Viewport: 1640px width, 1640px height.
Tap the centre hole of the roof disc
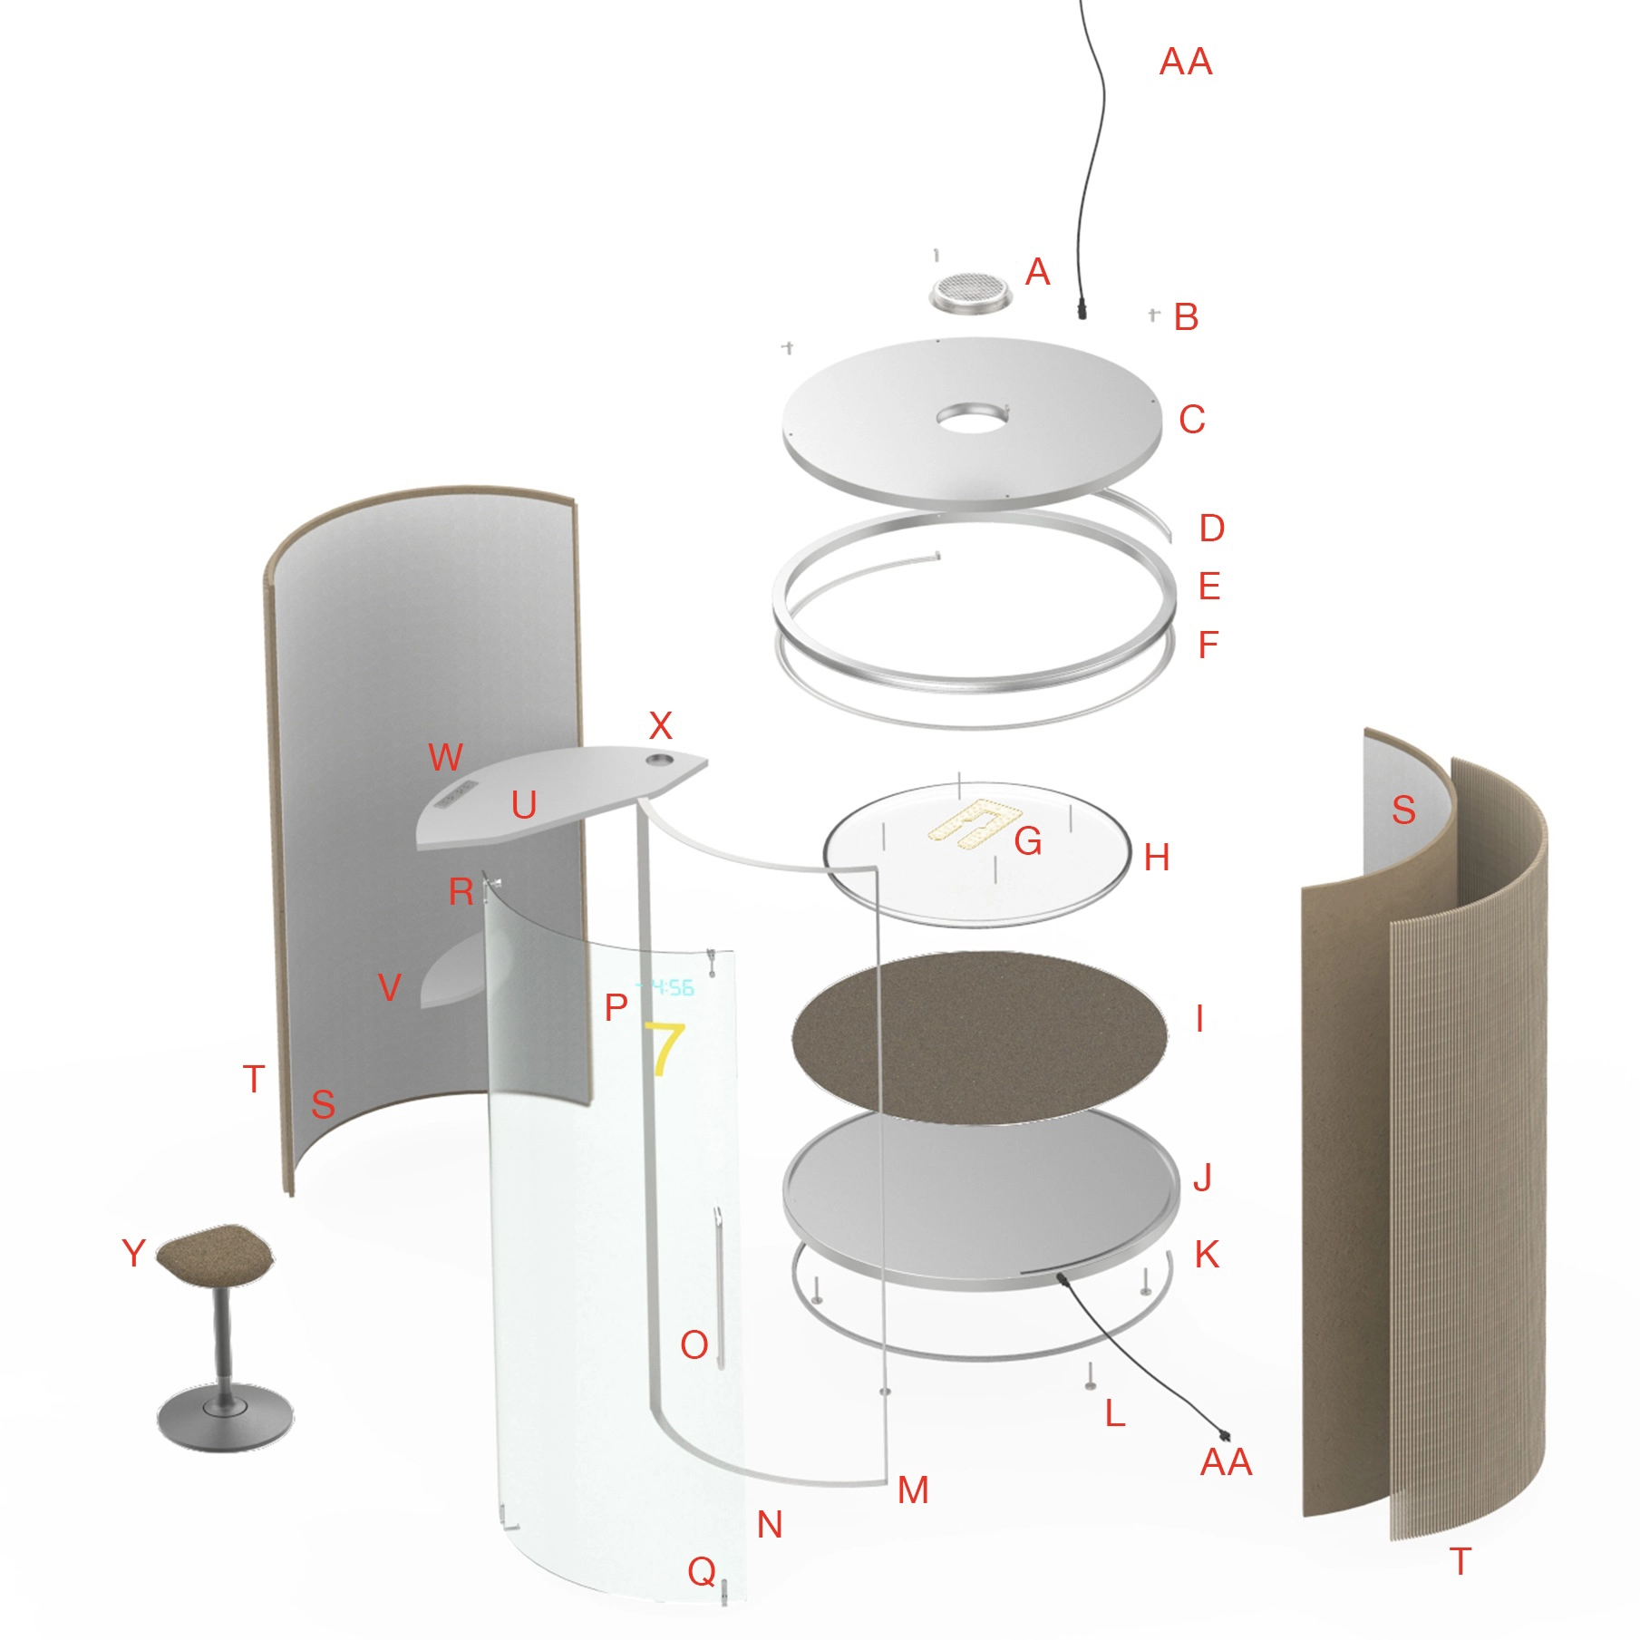pos(973,418)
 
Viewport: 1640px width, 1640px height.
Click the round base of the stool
pos(225,1416)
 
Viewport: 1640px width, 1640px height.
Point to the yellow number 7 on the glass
pos(664,1048)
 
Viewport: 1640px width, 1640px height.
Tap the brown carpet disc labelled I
pos(979,1037)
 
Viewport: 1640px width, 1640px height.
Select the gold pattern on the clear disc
pos(975,823)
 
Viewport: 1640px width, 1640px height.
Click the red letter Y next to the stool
pos(133,1253)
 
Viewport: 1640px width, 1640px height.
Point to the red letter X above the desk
pos(661,725)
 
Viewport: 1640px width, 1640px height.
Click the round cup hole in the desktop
pos(660,757)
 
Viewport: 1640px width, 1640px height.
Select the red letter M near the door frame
pos(913,1490)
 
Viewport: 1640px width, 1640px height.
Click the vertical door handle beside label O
pos(718,1286)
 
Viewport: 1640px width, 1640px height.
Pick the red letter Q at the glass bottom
pos(702,1571)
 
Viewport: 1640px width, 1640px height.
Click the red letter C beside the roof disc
pos(1192,419)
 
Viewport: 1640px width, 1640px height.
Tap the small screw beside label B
pos(1153,315)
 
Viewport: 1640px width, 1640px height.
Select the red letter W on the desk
pos(445,757)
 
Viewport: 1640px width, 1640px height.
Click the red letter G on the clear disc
pos(1028,841)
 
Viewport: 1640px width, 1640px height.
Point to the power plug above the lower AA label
pos(1225,1435)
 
